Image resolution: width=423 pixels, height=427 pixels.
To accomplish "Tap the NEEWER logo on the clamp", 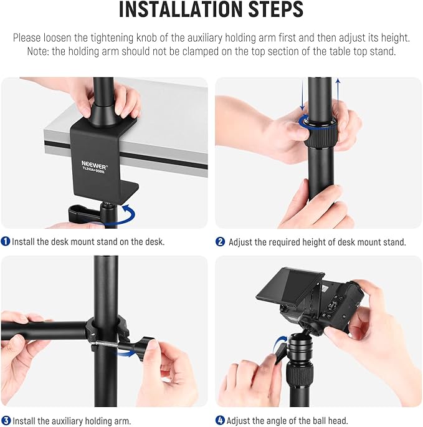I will (94, 165).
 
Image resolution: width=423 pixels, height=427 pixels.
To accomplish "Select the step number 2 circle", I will (220, 242).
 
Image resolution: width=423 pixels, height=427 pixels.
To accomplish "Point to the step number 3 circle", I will (6, 421).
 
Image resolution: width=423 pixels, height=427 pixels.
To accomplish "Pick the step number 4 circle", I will (220, 421).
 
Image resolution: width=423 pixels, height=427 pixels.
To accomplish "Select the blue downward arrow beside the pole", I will (302, 94).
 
